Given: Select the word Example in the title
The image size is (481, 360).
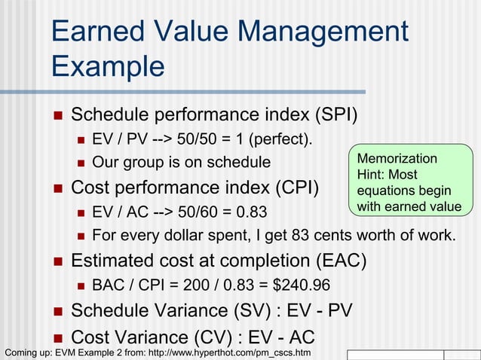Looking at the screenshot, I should [108, 66].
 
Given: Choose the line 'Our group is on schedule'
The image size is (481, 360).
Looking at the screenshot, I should [181, 162].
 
